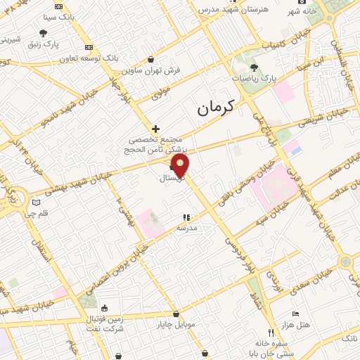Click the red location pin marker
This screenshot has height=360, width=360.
coord(181,166)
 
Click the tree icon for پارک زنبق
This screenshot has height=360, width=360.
coord(43,32)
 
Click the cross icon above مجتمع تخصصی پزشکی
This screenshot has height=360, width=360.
coord(155,129)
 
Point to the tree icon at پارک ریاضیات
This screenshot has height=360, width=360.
coord(254,67)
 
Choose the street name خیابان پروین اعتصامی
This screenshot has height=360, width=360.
coord(116,269)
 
